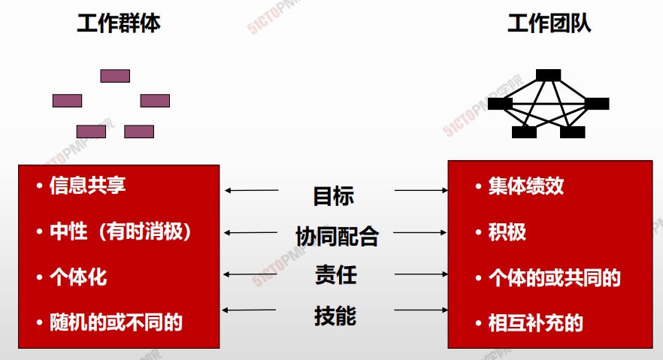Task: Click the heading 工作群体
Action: (x=119, y=23)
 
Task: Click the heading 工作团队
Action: (x=549, y=23)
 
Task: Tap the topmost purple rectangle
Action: (x=115, y=76)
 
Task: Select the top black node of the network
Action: (x=549, y=75)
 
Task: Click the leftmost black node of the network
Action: (x=500, y=104)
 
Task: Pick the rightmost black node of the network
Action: (x=597, y=104)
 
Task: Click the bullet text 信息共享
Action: (x=87, y=186)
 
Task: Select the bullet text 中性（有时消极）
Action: (x=120, y=231)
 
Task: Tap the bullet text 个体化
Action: (x=78, y=277)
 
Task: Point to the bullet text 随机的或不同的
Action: (x=116, y=322)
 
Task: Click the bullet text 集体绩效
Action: (x=526, y=186)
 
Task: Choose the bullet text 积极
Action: (x=507, y=232)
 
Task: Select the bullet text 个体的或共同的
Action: (x=554, y=277)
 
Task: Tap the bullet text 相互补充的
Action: (x=535, y=323)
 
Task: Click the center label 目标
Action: (x=334, y=196)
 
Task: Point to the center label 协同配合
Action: (x=337, y=236)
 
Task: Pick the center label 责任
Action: (x=336, y=274)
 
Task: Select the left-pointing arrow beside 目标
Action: (x=252, y=191)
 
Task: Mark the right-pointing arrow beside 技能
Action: (x=421, y=310)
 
